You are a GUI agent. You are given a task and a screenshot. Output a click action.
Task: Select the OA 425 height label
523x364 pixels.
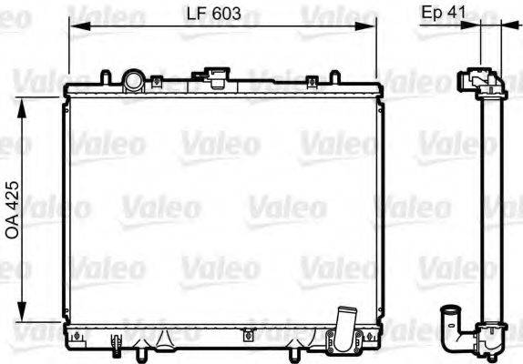[13, 207]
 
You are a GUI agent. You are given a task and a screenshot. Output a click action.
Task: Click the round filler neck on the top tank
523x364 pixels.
[134, 80]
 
